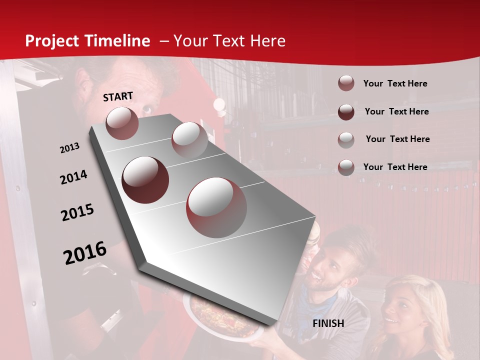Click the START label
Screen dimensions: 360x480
tap(118, 96)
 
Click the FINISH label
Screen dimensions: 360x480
tap(328, 323)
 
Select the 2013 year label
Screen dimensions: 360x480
tap(70, 148)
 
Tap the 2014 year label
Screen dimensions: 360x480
tap(74, 177)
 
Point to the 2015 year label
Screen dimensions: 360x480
tap(77, 212)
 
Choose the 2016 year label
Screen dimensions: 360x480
tap(85, 252)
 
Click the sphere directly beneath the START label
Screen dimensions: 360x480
tap(122, 123)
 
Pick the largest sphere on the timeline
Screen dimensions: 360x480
tap(216, 207)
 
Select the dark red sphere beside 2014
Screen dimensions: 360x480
tap(145, 180)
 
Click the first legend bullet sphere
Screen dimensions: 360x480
tap(346, 83)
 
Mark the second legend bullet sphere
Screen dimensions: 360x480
tap(346, 112)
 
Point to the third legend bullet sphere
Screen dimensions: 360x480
tap(346, 139)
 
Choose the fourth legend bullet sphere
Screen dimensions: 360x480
tap(346, 167)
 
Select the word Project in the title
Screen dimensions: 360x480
tap(51, 41)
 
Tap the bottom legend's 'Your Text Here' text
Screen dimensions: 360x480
tap(395, 167)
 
